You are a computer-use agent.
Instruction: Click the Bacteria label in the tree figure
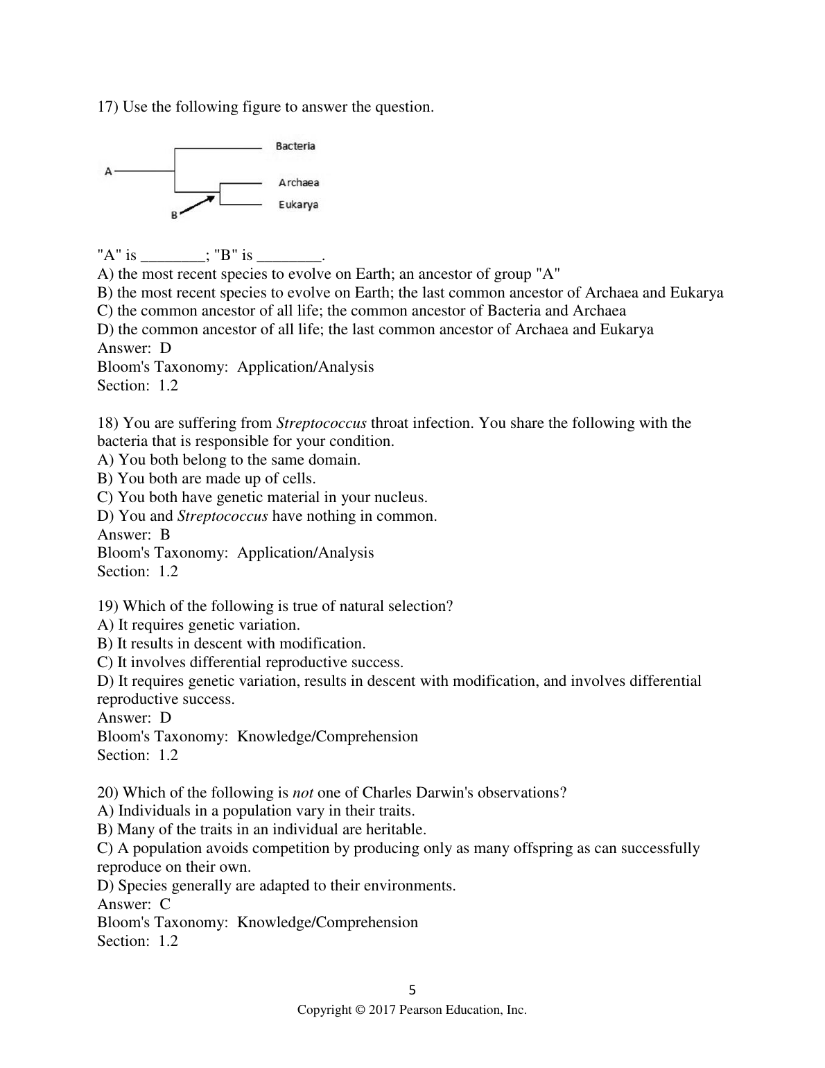coord(295,146)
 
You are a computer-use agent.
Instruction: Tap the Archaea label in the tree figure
coord(299,182)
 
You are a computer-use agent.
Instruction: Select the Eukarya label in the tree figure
coord(298,205)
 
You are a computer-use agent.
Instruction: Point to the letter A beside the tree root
coord(108,171)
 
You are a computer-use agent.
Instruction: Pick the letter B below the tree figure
coord(174,216)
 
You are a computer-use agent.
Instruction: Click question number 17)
coord(107,107)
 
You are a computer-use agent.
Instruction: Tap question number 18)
coord(107,423)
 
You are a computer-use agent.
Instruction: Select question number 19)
coord(107,606)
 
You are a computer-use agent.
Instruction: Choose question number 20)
coord(107,793)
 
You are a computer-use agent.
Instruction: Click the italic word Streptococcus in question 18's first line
coord(321,423)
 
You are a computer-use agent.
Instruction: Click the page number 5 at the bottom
coord(412,990)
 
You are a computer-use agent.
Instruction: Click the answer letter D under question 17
coord(165,348)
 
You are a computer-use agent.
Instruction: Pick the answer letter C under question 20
coord(165,904)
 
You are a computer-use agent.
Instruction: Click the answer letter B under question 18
coord(165,535)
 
